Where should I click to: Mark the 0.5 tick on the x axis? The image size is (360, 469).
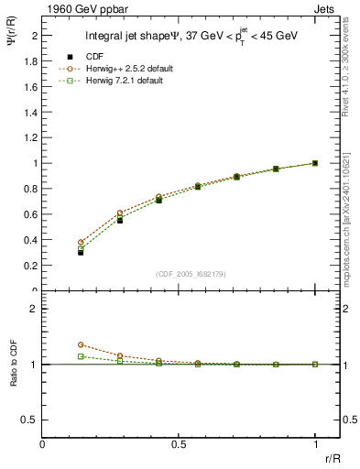[x=179, y=443]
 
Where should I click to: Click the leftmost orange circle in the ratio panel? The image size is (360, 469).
[x=81, y=345]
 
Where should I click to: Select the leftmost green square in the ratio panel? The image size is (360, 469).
[x=81, y=356]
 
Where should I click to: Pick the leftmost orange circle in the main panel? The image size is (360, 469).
[x=81, y=243]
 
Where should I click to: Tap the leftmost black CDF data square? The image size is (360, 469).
[x=81, y=252]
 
